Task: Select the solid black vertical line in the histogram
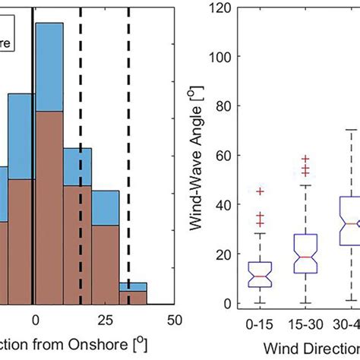click(x=33, y=152)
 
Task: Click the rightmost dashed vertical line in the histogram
click(x=128, y=152)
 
